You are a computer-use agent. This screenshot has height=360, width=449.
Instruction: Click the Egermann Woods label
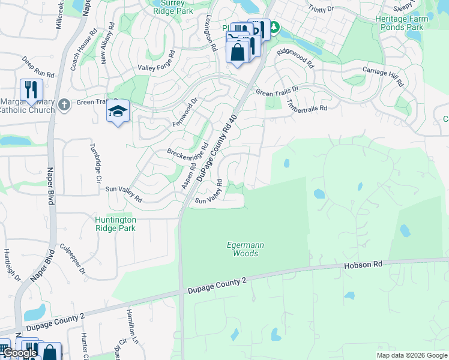[x=243, y=249]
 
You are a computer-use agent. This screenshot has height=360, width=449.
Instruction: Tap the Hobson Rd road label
[x=363, y=265]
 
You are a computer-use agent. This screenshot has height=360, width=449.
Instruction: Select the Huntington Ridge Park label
[x=115, y=224]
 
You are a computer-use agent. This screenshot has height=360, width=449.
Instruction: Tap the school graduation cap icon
[x=118, y=111]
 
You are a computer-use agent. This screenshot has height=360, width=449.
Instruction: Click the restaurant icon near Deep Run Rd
[x=31, y=90]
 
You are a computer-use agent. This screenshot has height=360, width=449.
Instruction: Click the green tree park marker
[x=274, y=27]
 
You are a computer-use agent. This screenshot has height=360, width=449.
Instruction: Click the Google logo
[x=20, y=353]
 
